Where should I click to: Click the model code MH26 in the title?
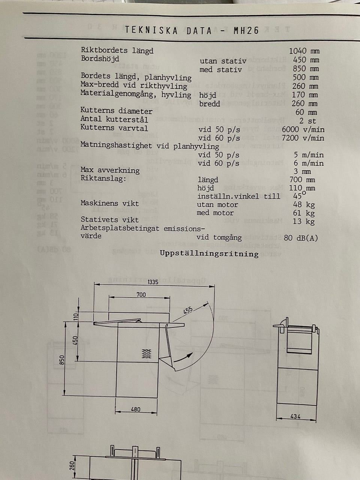pyautogui.click(x=246, y=30)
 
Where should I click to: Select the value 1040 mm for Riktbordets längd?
pyautogui.click(x=304, y=51)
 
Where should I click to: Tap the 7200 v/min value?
pyautogui.click(x=303, y=138)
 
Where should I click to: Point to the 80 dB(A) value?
pyautogui.click(x=301, y=238)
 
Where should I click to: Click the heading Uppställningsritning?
pyautogui.click(x=209, y=253)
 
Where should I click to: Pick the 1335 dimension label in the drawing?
pyautogui.click(x=153, y=282)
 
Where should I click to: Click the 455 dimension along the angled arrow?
pyautogui.click(x=188, y=310)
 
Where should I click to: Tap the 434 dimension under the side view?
pyautogui.click(x=295, y=416)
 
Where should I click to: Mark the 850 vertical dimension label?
pyautogui.click(x=62, y=360)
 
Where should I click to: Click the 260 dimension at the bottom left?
pyautogui.click(x=72, y=466)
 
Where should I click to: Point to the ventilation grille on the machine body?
pyautogui.click(x=147, y=354)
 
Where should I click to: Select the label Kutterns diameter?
pyautogui.click(x=116, y=111)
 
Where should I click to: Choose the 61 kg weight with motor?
pyautogui.click(x=304, y=213)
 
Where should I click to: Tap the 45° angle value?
pyautogui.click(x=299, y=195)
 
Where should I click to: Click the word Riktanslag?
pyautogui.click(x=103, y=178)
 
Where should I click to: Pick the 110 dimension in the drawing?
pyautogui.click(x=76, y=316)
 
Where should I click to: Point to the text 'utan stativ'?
pyautogui.click(x=223, y=61)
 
